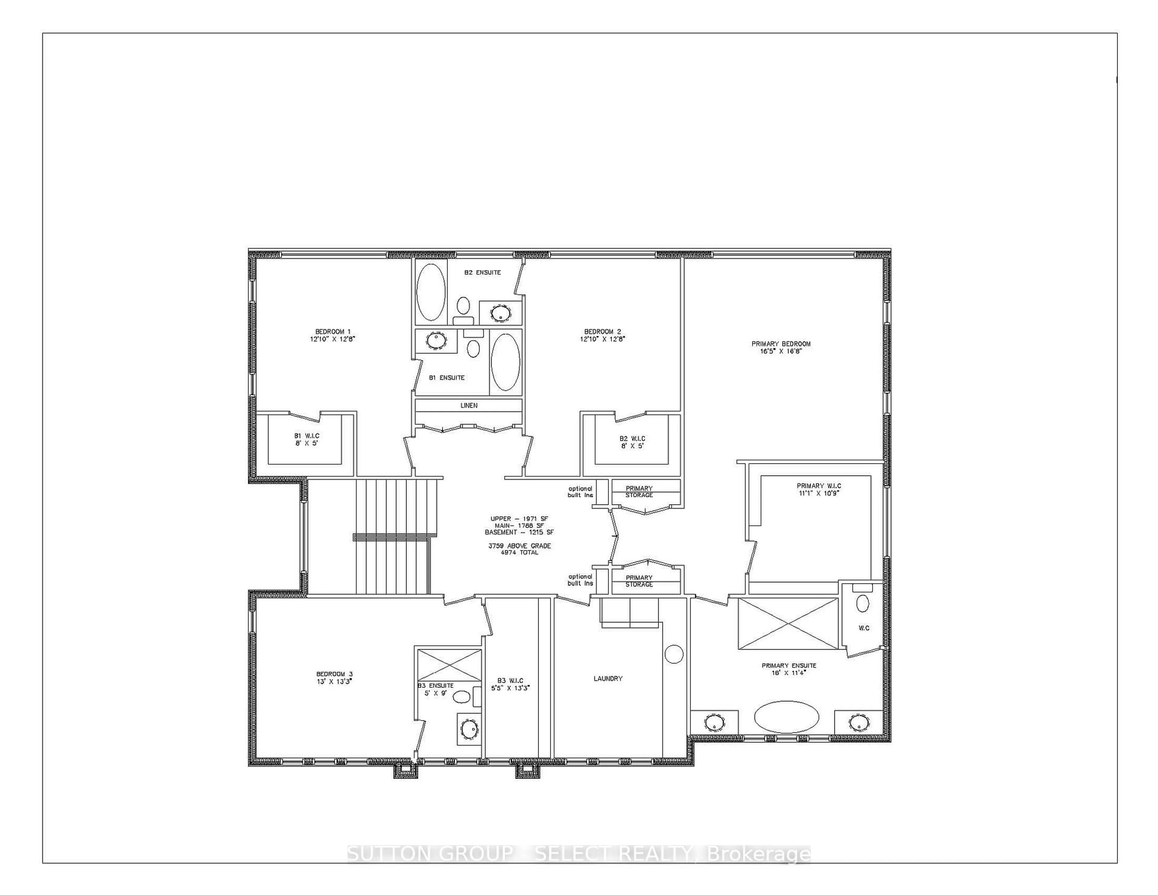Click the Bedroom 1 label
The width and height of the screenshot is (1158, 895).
point(332,331)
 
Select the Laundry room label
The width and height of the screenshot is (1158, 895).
point(608,678)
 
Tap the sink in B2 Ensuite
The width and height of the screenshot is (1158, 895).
point(499,313)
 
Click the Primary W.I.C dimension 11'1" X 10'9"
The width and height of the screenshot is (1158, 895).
point(819,492)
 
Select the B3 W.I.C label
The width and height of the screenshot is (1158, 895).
point(510,680)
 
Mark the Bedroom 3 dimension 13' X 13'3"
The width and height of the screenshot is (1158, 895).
point(334,681)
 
